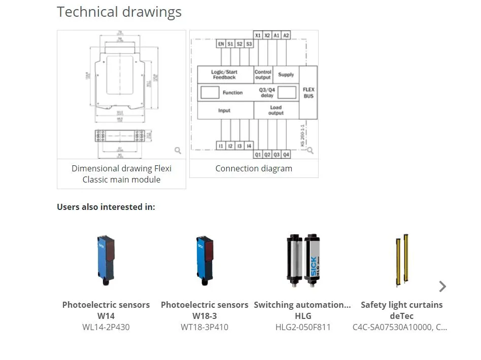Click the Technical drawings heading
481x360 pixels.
click(119, 12)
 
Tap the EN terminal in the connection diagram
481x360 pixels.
click(221, 44)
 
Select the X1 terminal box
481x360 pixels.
click(258, 35)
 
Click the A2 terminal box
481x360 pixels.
click(286, 35)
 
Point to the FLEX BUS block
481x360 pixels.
click(308, 93)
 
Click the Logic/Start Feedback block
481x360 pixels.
click(225, 75)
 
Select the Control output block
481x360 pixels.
click(263, 75)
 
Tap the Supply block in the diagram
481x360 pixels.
click(286, 75)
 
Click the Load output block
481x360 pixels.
click(276, 110)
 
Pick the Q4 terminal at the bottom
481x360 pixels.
click(286, 154)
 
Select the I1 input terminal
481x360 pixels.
click(221, 146)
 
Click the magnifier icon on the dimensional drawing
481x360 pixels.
click(178, 151)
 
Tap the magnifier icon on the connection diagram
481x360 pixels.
click(310, 151)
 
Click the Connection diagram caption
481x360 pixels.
click(254, 168)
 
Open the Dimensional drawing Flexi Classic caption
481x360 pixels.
click(121, 174)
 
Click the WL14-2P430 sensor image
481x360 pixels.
click(106, 261)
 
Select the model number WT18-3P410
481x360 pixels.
click(204, 327)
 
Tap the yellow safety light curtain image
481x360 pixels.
click(401, 261)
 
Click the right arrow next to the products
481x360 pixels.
click(442, 286)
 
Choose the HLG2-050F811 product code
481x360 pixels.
click(302, 327)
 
